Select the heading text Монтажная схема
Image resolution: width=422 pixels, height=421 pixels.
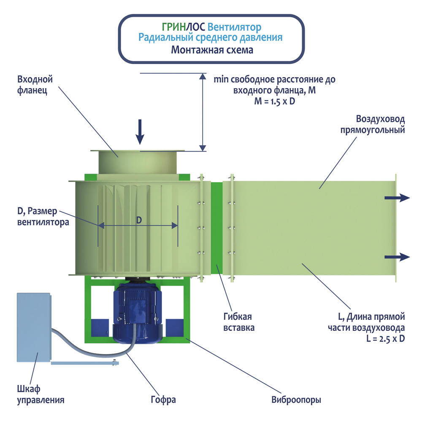tap(212, 50)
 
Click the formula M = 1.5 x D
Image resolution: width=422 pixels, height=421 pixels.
tap(274, 101)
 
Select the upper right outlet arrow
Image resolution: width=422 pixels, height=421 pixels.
tap(397, 197)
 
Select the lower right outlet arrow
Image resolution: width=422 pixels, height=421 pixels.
tap(397, 257)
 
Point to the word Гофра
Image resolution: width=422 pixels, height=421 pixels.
tap(163, 399)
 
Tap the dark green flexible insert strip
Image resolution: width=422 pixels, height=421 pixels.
tap(216, 228)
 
